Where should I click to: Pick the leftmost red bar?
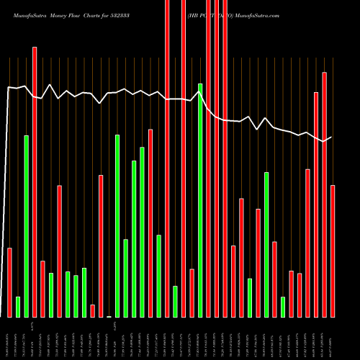(9, 282)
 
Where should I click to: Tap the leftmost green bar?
(18, 307)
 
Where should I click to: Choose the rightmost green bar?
(283, 307)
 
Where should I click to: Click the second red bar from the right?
(324, 194)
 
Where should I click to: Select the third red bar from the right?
(316, 204)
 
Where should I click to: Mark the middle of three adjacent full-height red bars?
(217, 158)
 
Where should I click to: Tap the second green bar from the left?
(26, 226)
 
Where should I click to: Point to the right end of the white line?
(331, 137)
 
